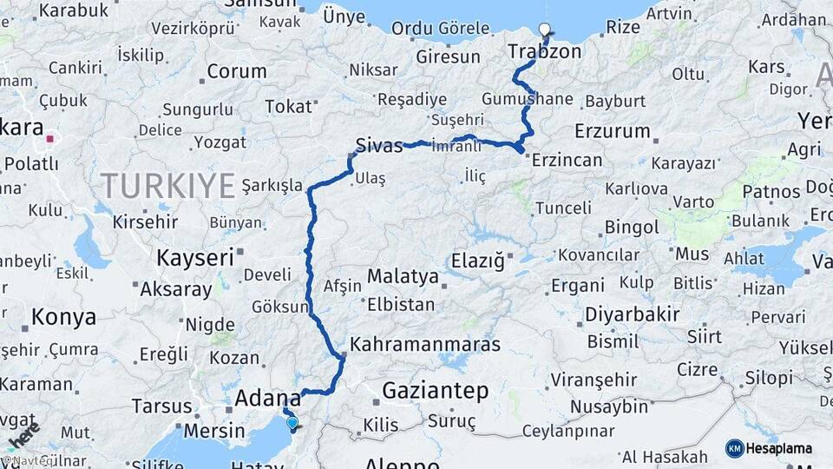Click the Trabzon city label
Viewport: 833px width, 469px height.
(545, 52)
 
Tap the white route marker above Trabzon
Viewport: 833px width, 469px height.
(545, 30)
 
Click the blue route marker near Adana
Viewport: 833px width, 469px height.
(292, 423)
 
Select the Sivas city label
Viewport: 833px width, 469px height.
(379, 145)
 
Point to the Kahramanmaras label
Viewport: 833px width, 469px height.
(425, 345)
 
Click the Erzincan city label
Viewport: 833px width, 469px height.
(567, 160)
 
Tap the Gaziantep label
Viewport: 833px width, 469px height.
(435, 391)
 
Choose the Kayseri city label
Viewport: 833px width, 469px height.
(195, 257)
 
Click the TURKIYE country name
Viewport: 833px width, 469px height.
(167, 186)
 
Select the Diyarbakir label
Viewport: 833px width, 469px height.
(632, 314)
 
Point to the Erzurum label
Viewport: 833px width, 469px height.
(612, 132)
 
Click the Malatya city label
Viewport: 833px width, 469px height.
(403, 276)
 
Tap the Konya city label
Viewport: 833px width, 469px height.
(63, 318)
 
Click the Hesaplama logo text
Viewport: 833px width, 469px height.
(780, 449)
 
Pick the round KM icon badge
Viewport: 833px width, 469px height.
(735, 448)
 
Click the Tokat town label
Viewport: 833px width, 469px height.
(288, 107)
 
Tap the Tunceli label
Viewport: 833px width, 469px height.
(563, 208)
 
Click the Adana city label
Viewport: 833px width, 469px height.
(268, 399)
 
